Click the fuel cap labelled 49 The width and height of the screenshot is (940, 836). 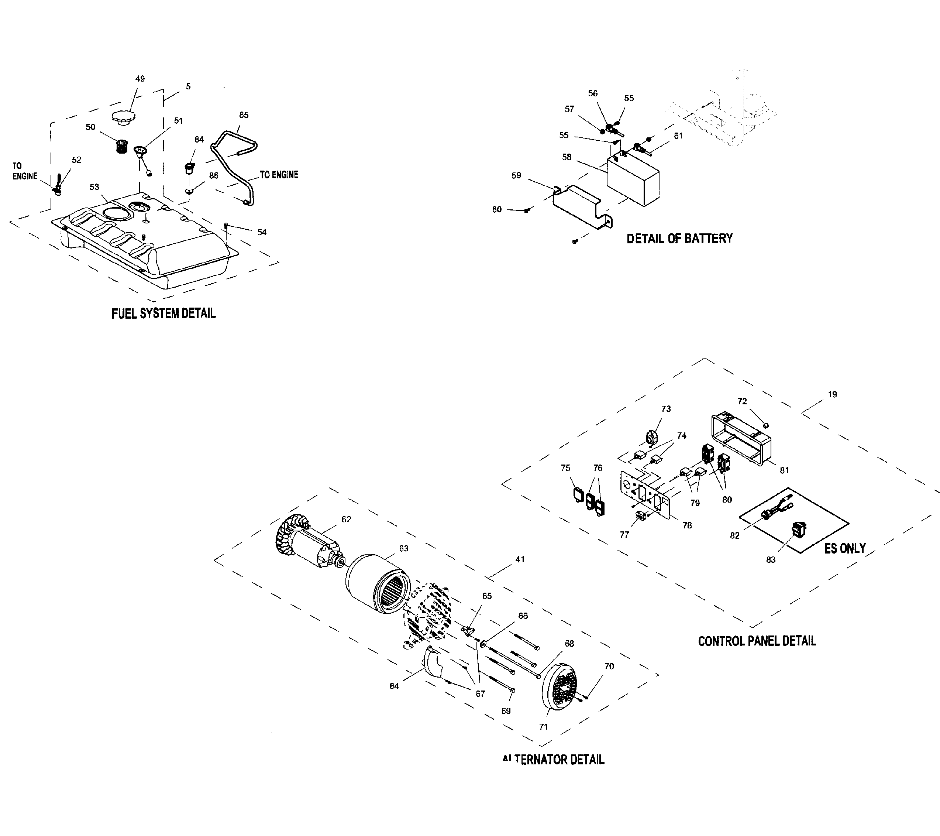(x=123, y=117)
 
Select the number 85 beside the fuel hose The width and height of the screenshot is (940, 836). (x=244, y=115)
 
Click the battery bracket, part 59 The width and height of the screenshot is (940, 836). (x=581, y=206)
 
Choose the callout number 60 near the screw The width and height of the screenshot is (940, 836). (x=497, y=210)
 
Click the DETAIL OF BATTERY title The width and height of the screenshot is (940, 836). (x=679, y=239)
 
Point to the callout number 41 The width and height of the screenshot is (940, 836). (x=520, y=559)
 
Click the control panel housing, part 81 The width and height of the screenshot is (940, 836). (x=740, y=438)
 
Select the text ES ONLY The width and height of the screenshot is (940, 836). (x=845, y=548)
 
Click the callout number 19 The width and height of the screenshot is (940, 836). (x=832, y=394)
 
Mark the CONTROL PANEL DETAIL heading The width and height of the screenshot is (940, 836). (x=757, y=641)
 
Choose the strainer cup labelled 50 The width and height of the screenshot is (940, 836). (x=121, y=146)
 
